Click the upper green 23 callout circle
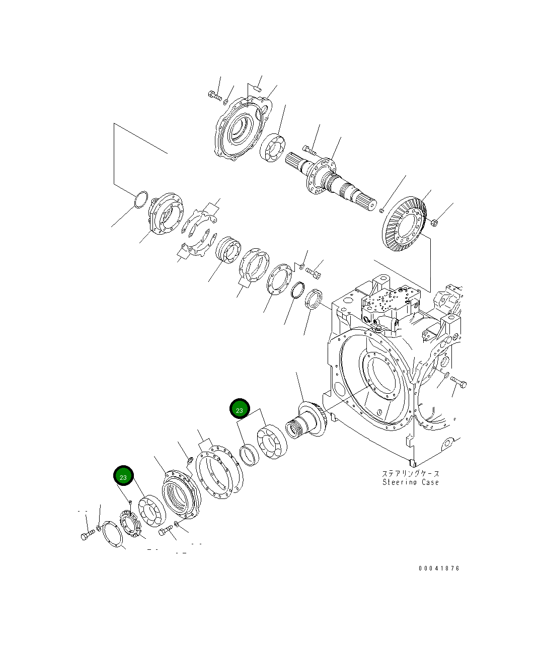click(x=240, y=409)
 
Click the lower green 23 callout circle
click(x=123, y=476)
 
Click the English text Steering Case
click(x=410, y=482)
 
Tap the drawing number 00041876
click(x=439, y=568)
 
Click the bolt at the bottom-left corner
click(x=87, y=535)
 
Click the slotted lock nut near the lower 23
click(x=129, y=524)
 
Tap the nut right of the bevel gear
click(x=435, y=222)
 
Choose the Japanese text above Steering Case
click(x=410, y=473)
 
